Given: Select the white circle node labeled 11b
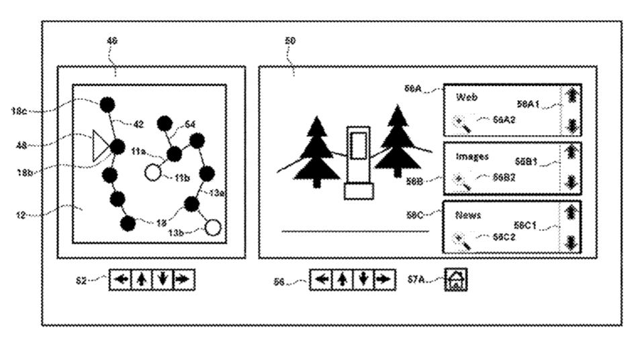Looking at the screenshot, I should [154, 173].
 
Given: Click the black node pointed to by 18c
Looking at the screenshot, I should [107, 105].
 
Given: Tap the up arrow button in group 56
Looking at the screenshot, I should [342, 279].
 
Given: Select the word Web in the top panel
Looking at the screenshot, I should [466, 97].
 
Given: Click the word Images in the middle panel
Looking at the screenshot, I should [471, 156].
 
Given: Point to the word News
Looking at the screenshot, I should [468, 216].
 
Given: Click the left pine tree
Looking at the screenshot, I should [315, 151].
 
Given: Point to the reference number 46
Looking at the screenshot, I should [112, 42].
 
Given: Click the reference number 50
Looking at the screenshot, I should [290, 42].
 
